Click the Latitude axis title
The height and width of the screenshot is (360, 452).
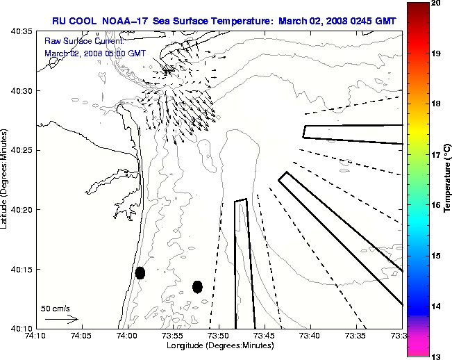tap(5, 179)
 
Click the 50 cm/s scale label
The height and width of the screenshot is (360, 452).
tap(56, 308)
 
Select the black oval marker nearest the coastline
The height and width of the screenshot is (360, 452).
tap(140, 272)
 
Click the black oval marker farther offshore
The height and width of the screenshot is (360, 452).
tap(197, 286)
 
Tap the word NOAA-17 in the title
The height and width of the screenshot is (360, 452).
tap(127, 21)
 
